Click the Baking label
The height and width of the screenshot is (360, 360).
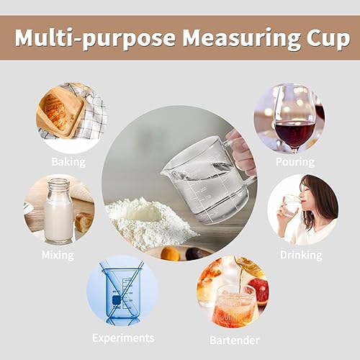pyautogui.click(x=68, y=161)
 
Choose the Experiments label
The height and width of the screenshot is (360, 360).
pyautogui.click(x=122, y=337)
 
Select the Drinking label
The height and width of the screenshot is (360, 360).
pyautogui.click(x=301, y=254)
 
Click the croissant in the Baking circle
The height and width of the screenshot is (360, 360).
pyautogui.click(x=60, y=112)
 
